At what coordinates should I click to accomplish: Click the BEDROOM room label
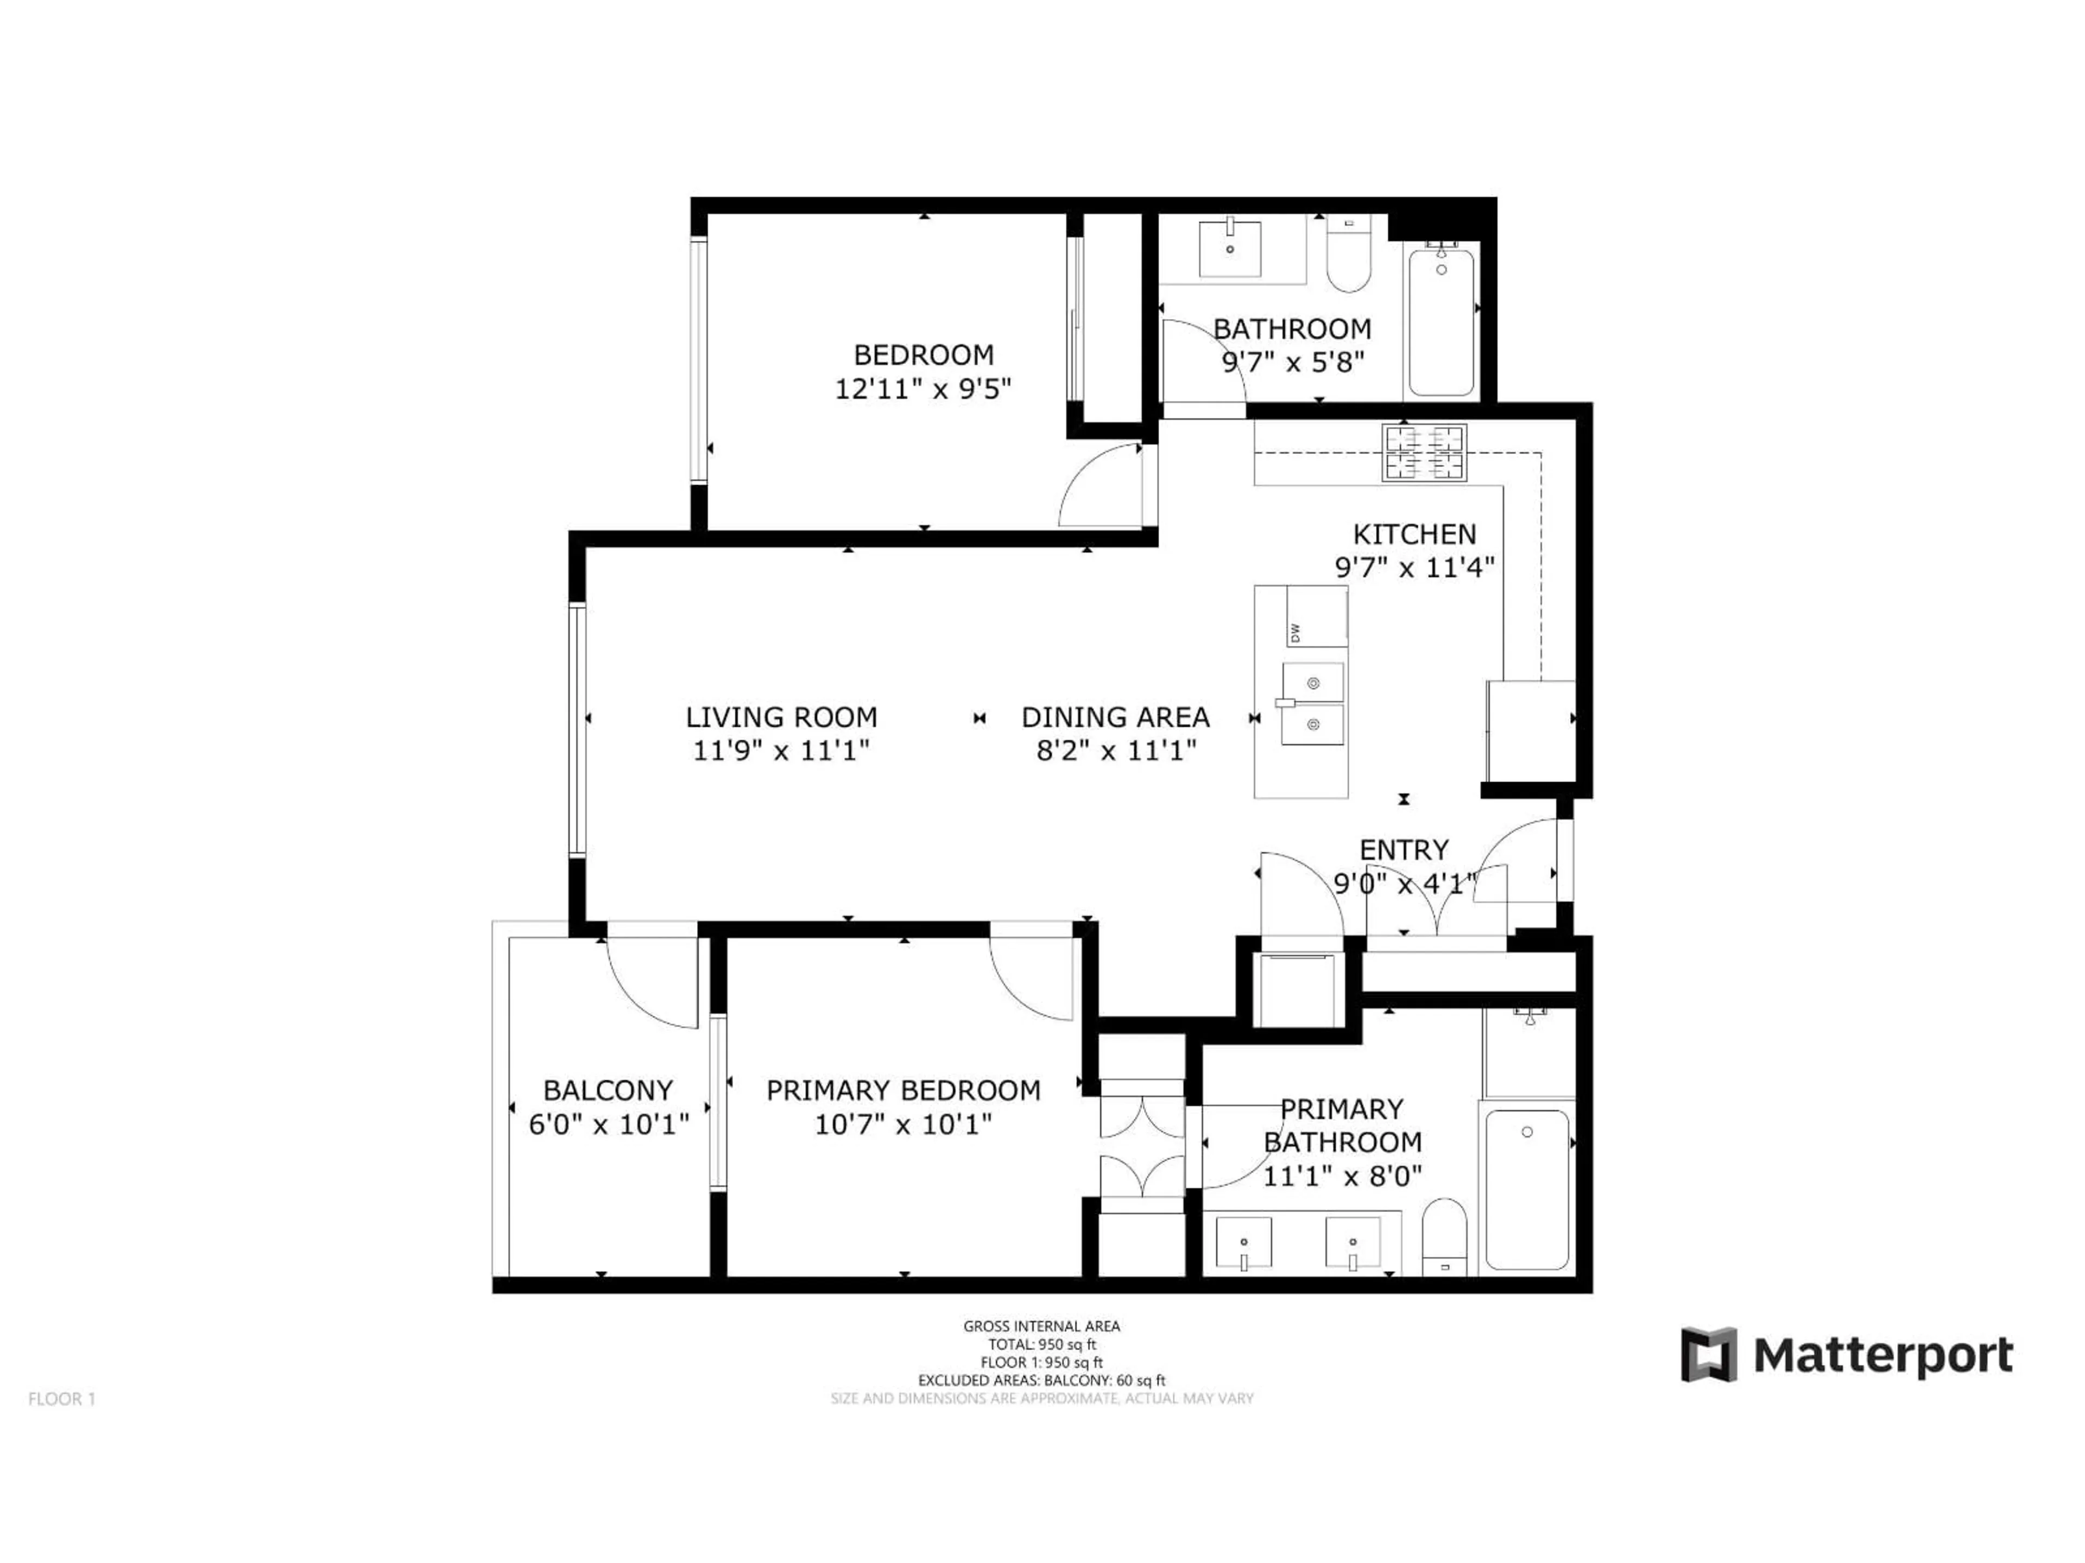[923, 355]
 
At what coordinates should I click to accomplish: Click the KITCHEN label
[1414, 534]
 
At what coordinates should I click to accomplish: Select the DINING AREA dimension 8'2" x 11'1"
[1116, 751]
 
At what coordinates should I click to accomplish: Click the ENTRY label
[1404, 850]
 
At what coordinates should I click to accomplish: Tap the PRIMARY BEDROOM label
[903, 1090]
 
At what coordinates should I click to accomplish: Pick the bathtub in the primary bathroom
[1527, 1189]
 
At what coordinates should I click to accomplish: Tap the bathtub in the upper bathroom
[1440, 320]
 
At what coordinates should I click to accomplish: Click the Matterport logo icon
[1709, 1354]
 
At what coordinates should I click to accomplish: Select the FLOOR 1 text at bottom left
[62, 1399]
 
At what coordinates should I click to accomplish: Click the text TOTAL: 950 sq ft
[1041, 1344]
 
